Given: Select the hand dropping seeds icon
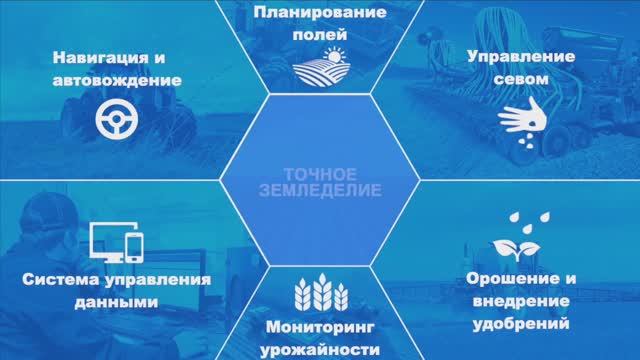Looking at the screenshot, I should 521,124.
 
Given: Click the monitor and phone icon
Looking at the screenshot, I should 119,241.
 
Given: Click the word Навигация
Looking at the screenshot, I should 95,57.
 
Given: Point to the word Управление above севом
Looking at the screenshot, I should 521,57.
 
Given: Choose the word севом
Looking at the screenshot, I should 521,78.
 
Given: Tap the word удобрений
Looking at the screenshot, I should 522,323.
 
